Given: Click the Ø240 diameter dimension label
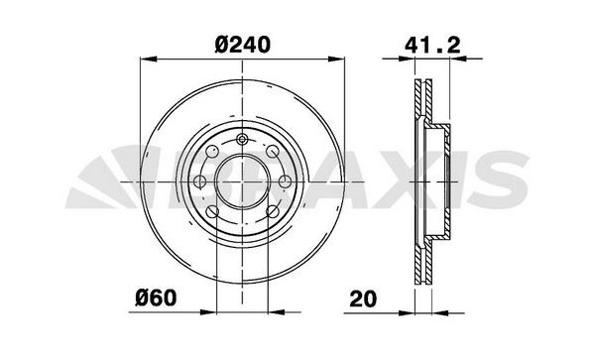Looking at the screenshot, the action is (x=243, y=45).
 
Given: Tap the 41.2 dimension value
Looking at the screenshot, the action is (x=432, y=46).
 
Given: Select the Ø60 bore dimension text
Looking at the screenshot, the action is (x=156, y=298).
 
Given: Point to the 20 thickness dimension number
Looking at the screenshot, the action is (x=363, y=299).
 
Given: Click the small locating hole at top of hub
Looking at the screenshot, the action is (x=242, y=140).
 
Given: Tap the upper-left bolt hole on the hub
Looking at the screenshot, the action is (x=212, y=152).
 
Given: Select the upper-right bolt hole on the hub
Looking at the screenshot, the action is (x=272, y=152).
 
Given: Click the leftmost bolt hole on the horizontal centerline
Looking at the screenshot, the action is (x=200, y=181).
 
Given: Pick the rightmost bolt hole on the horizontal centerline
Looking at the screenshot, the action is (x=285, y=181).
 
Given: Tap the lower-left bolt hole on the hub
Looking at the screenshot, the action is (x=212, y=211).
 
